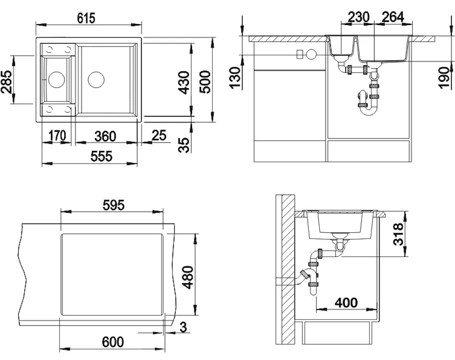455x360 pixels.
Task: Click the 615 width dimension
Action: [x=86, y=18]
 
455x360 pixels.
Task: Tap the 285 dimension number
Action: [x=7, y=81]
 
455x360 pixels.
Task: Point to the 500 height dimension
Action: [x=205, y=81]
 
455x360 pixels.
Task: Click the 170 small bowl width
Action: [x=57, y=135]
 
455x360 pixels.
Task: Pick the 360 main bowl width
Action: [x=106, y=136]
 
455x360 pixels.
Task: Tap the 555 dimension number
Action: [x=101, y=156]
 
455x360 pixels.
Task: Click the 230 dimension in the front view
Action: [x=359, y=17]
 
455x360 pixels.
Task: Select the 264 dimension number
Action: [x=393, y=17]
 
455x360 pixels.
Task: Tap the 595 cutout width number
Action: [x=113, y=205]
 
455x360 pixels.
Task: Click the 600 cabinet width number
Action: [x=113, y=342]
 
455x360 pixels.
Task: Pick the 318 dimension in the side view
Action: [x=399, y=234]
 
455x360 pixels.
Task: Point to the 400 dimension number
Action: [x=346, y=303]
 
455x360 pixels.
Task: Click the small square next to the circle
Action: [x=300, y=55]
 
